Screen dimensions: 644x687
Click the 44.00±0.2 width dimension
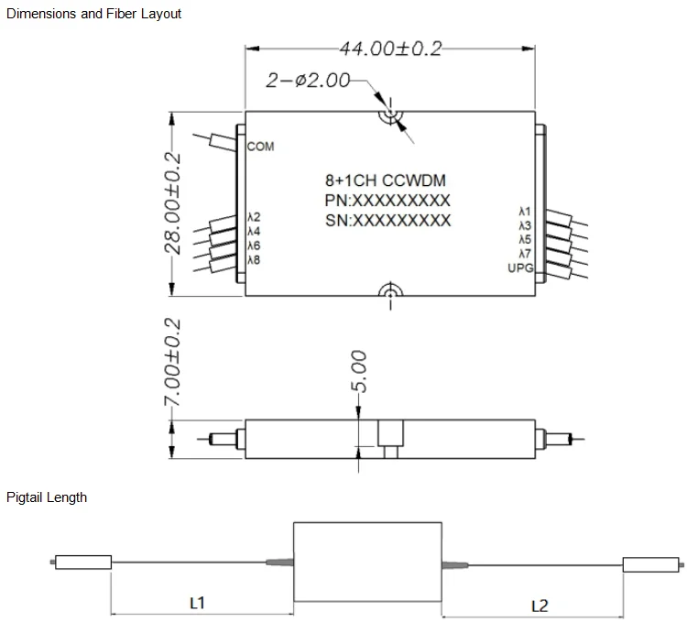pyautogui.click(x=390, y=48)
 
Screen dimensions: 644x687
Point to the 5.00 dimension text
pyautogui.click(x=359, y=369)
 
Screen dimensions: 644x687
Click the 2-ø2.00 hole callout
pyautogui.click(x=308, y=81)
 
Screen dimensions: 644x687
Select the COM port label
pyautogui.click(x=260, y=147)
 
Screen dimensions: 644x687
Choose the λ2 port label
pyautogui.click(x=254, y=217)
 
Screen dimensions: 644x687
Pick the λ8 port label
pyautogui.click(x=254, y=260)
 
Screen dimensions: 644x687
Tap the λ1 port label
pyautogui.click(x=525, y=213)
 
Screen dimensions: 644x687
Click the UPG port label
pyautogui.click(x=520, y=267)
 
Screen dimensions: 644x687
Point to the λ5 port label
pyautogui.click(x=525, y=239)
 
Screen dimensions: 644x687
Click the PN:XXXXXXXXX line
pyautogui.click(x=387, y=201)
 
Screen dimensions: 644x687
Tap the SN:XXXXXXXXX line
pyautogui.click(x=387, y=221)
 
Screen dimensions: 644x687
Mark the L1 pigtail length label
pyautogui.click(x=196, y=603)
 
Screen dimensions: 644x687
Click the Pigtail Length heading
pyautogui.click(x=47, y=497)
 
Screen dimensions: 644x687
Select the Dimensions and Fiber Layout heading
pyautogui.click(x=93, y=14)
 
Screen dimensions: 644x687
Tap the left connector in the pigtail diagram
pyautogui.click(x=82, y=562)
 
